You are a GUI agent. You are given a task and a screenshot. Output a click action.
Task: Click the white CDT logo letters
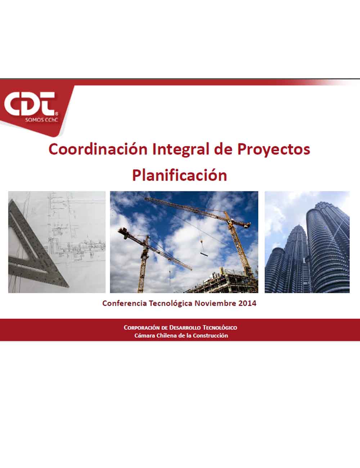pos(30,104)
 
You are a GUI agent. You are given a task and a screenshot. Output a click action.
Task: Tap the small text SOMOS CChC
pos(41,120)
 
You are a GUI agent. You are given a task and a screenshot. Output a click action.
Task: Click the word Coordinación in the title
pos(98,149)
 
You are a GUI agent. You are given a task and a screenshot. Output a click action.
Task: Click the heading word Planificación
pos(180,175)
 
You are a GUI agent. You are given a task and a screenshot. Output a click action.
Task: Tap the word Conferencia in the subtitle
pos(125,303)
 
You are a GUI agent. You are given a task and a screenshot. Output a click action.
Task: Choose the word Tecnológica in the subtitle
pos(171,304)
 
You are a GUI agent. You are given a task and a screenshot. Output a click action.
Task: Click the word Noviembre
pos(215,303)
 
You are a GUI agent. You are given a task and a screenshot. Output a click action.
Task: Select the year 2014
pos(247,303)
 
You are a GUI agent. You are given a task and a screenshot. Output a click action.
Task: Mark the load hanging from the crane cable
pos(204,254)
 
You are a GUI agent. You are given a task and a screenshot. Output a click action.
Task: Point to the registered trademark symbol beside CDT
pos(57,113)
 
